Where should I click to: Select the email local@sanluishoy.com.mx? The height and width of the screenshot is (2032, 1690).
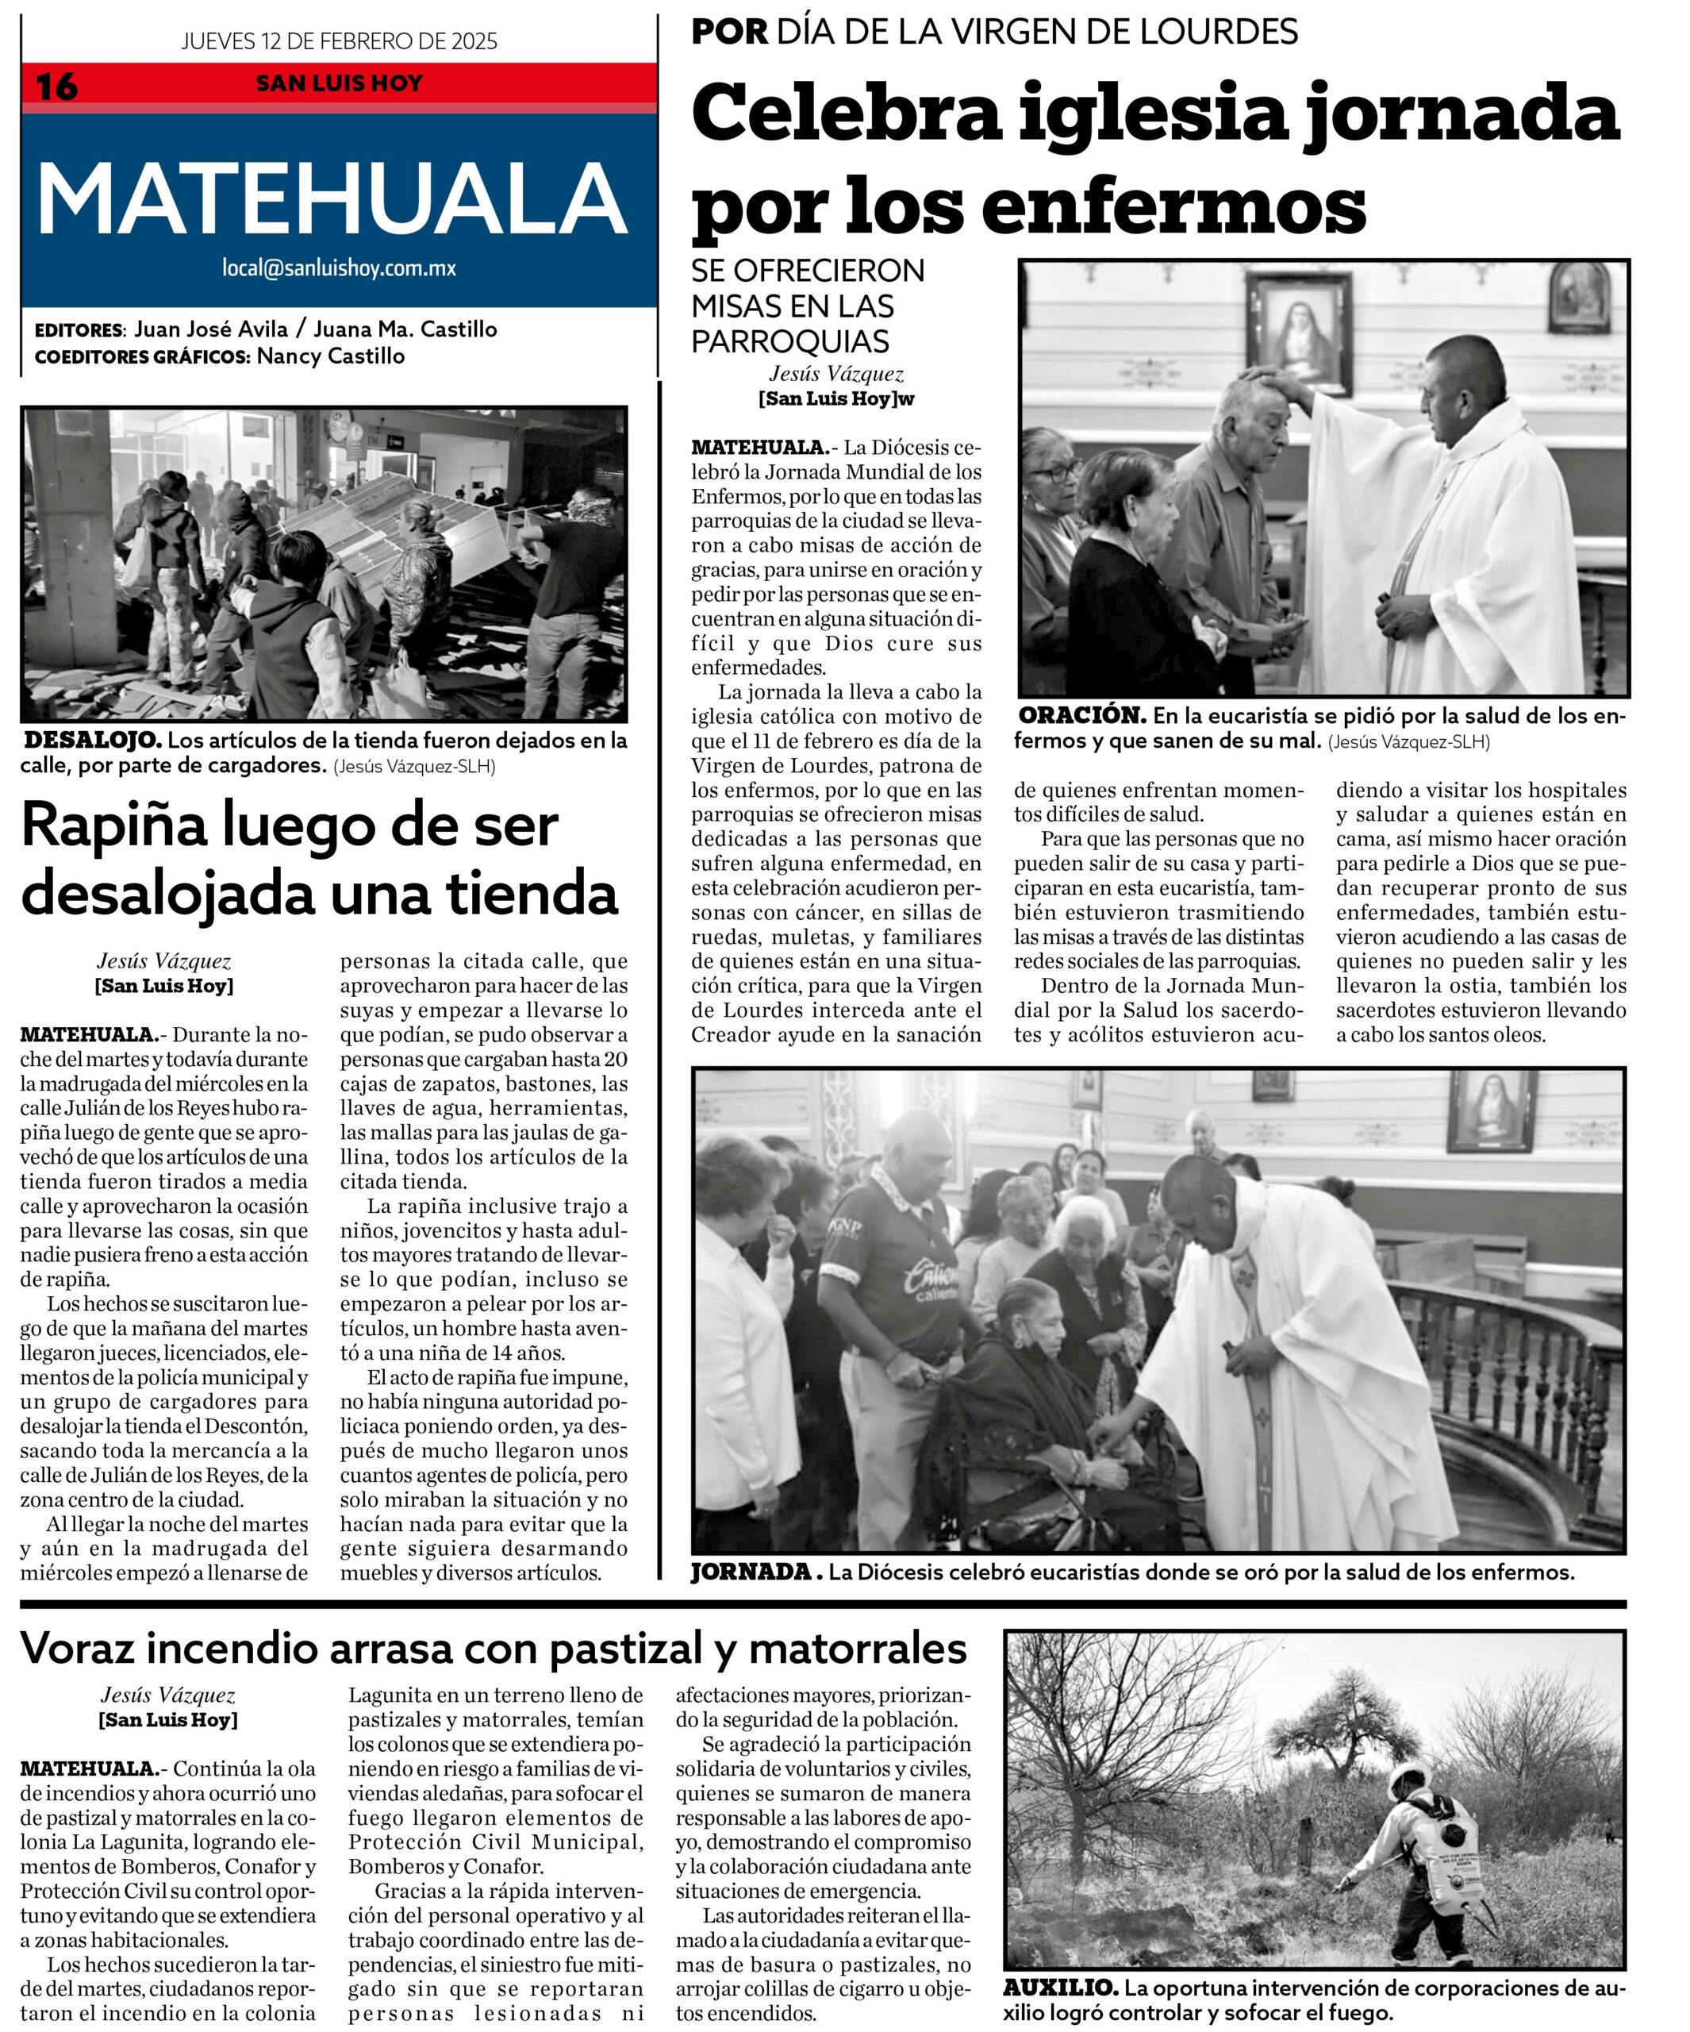(x=339, y=268)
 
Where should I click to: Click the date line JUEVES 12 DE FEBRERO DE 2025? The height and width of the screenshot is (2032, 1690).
(x=339, y=40)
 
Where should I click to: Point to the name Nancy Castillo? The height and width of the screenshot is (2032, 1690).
(x=331, y=356)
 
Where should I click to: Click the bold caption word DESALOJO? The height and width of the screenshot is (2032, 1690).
(x=93, y=741)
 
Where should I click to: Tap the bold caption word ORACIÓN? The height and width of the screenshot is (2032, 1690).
(x=1081, y=717)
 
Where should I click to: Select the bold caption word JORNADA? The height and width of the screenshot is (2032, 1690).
(x=751, y=1572)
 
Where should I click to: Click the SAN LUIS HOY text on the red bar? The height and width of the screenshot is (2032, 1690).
(x=339, y=83)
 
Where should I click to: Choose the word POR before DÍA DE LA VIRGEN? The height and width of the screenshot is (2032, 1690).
(x=729, y=32)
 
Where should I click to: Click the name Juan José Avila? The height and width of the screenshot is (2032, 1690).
(x=211, y=329)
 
